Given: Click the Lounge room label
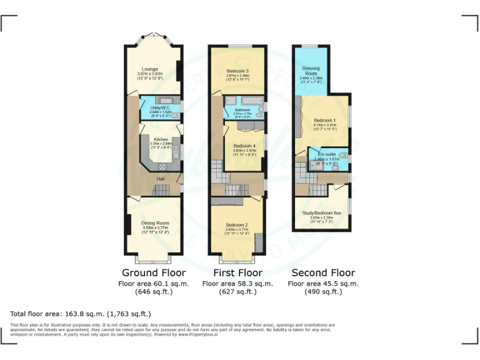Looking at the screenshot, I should (x=149, y=69).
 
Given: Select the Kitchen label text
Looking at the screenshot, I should (x=161, y=139).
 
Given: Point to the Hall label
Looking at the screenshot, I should (x=161, y=179).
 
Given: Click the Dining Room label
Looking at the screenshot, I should (x=154, y=223).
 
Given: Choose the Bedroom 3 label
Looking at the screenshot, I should (x=238, y=71).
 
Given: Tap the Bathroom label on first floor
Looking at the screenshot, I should (x=242, y=110).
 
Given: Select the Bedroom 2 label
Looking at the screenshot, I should (x=237, y=224).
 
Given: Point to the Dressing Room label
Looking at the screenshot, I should (x=311, y=71).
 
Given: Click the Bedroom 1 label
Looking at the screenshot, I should (x=325, y=120).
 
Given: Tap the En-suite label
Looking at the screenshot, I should (x=326, y=154).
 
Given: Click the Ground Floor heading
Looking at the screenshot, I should (x=154, y=273).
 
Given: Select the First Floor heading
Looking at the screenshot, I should (x=238, y=273).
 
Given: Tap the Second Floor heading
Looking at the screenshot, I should (x=323, y=273).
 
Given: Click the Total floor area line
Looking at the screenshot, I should (x=81, y=314).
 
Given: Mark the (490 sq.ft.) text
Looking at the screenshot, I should (x=323, y=292).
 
